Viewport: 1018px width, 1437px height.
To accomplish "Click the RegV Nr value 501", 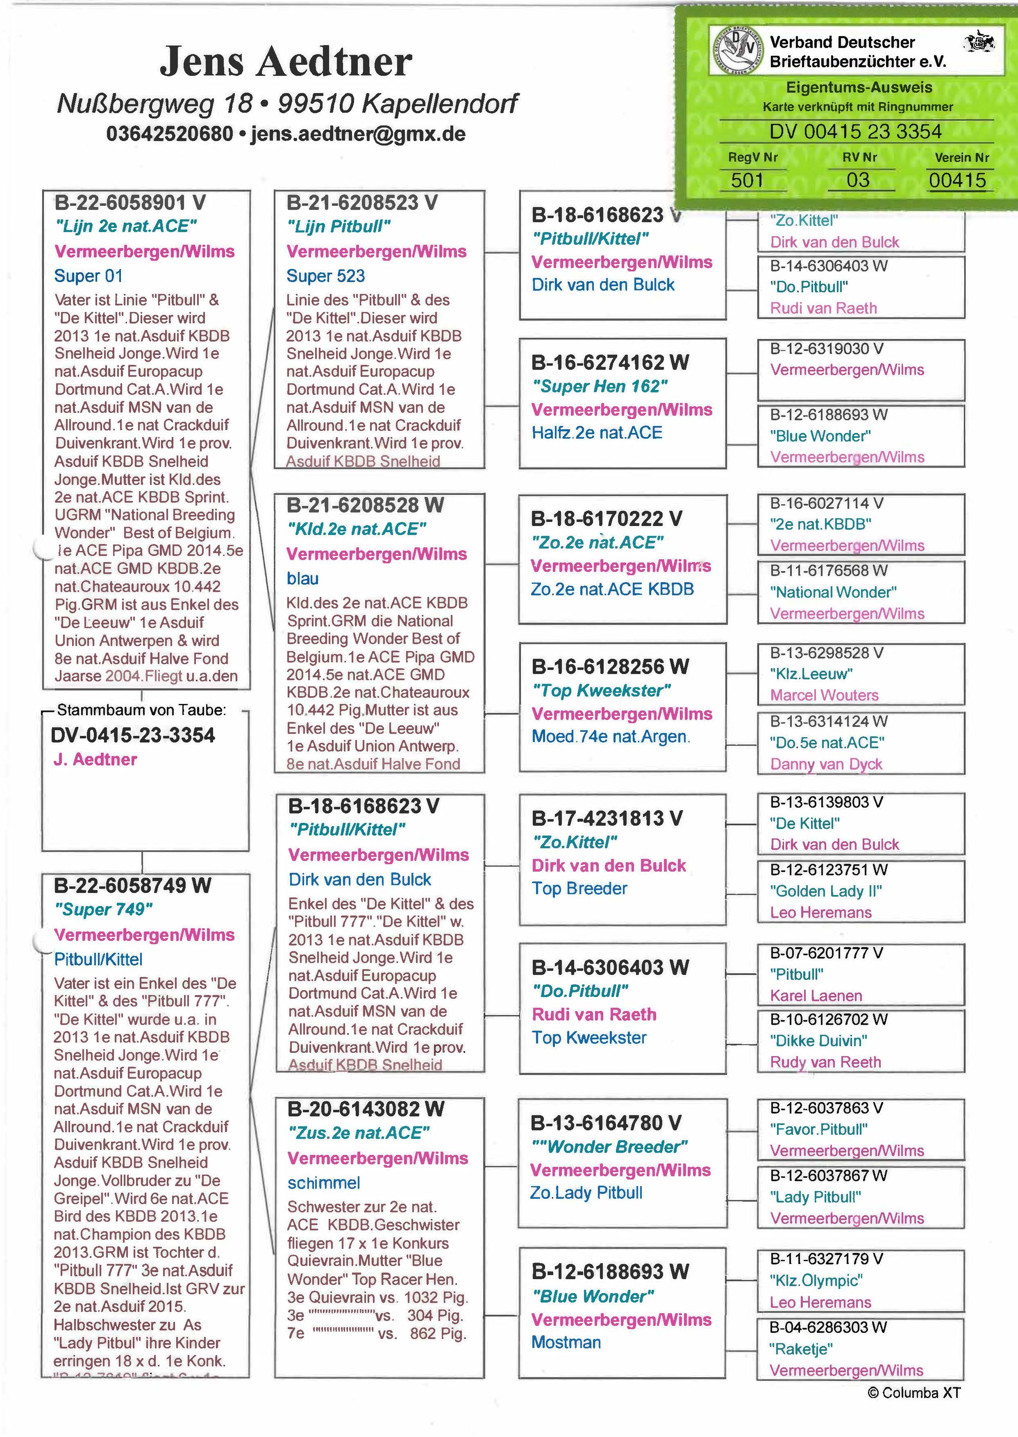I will pos(747,180).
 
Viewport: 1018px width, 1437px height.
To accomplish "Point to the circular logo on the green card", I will pos(736,51).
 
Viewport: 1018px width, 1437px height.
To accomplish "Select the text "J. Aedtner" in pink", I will pos(95,759).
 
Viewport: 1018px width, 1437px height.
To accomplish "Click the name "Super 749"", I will pos(103,909).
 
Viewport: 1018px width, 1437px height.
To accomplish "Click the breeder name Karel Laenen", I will pos(816,995).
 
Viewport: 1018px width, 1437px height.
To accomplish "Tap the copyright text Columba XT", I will pos(913,1393).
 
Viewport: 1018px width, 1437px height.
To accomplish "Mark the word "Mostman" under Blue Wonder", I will pos(566,1342).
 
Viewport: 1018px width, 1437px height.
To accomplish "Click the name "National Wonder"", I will pos(833,592).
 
